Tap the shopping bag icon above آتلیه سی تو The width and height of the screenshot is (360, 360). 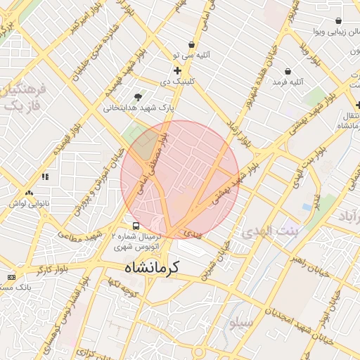click(x=191, y=44)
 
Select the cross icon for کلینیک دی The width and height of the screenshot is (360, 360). click(x=176, y=71)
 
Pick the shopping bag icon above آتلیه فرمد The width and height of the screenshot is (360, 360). click(x=288, y=71)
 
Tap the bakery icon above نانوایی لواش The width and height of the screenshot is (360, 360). click(x=29, y=193)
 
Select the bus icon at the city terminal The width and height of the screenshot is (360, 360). click(x=136, y=226)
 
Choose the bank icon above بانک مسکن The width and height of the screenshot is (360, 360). click(x=11, y=277)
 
